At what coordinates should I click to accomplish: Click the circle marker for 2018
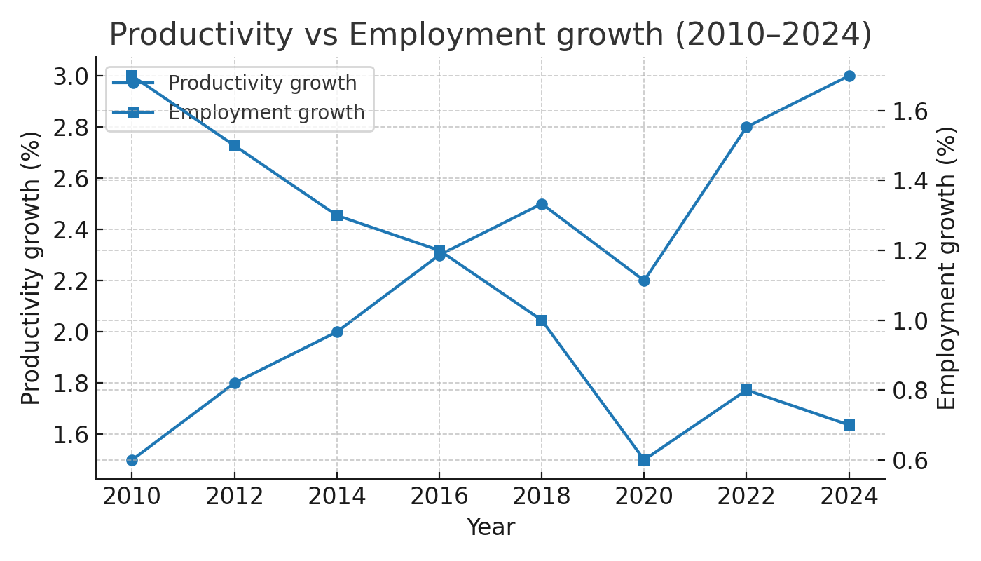point(542,204)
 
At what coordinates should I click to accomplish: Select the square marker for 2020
point(644,460)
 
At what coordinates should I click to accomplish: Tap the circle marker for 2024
point(849,76)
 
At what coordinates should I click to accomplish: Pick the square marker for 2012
point(235,146)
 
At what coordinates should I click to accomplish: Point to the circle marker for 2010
point(132,460)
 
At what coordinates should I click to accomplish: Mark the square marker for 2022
point(746,390)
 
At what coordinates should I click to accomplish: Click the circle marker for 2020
point(644,280)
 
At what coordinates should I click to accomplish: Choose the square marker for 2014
point(337,215)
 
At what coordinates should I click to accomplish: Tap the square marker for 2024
point(849,425)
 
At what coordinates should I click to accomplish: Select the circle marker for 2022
point(746,127)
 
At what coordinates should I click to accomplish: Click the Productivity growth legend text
point(263,83)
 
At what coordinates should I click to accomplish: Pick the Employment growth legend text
point(266,113)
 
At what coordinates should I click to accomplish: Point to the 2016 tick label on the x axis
point(439,496)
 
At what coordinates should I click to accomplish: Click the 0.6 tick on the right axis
point(910,460)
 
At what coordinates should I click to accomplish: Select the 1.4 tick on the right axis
point(910,181)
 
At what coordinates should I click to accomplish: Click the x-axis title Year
point(490,527)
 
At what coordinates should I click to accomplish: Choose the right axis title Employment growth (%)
point(947,268)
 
